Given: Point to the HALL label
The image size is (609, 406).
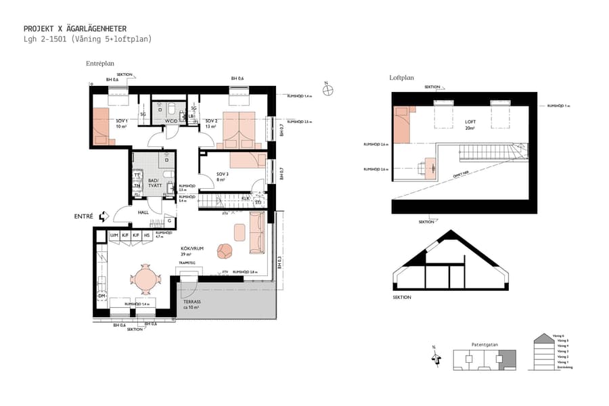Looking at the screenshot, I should pyautogui.click(x=143, y=212).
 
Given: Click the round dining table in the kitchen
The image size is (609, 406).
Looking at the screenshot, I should pyautogui.click(x=146, y=278).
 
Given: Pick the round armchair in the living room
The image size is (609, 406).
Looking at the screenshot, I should pyautogui.click(x=225, y=251).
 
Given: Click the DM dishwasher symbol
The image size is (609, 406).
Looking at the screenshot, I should pyautogui.click(x=101, y=296).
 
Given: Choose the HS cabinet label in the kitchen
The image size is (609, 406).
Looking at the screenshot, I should pyautogui.click(x=146, y=235).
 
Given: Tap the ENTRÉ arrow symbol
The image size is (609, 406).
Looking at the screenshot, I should pyautogui.click(x=104, y=217).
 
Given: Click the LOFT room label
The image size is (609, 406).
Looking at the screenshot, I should pyautogui.click(x=470, y=122).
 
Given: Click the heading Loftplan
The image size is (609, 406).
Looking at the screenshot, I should pyautogui.click(x=401, y=78).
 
